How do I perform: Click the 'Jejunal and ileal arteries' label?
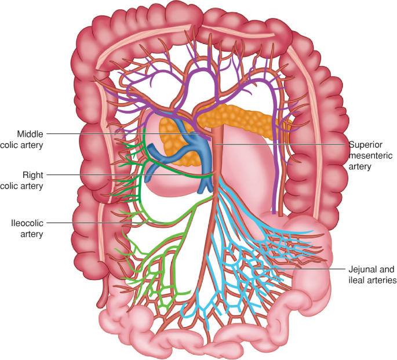[x=371, y=274]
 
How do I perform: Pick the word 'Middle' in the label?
[x=30, y=134]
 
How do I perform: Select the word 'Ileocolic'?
[x=26, y=222]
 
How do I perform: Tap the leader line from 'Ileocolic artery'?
[x=93, y=223]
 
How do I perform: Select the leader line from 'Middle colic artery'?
[x=116, y=134]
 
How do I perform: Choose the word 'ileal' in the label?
[x=355, y=279]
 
